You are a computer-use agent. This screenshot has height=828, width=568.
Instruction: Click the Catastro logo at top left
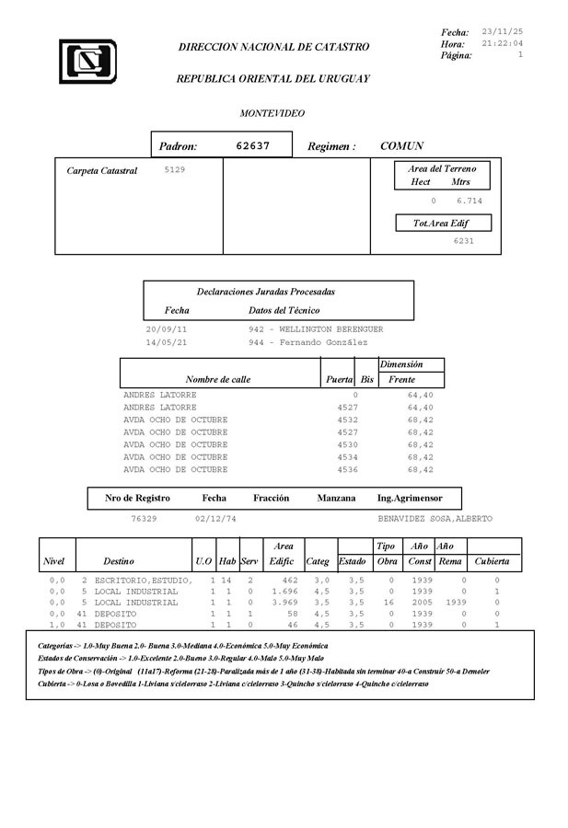pyautogui.click(x=87, y=61)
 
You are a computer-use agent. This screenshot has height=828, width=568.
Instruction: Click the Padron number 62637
pyautogui.click(x=253, y=145)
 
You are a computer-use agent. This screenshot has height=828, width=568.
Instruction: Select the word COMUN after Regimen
pyautogui.click(x=402, y=146)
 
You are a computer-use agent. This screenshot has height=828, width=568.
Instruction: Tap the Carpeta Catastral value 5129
pyautogui.click(x=174, y=170)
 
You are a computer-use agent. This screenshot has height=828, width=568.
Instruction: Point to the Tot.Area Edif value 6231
pyautogui.click(x=463, y=240)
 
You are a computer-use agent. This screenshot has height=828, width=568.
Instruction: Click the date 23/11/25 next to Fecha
pyautogui.click(x=503, y=31)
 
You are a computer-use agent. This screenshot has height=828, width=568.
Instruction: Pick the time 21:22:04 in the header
pyautogui.click(x=503, y=43)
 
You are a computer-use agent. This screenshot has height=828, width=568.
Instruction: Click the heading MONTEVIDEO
pyautogui.click(x=272, y=113)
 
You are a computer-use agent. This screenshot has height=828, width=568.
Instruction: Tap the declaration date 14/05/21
pyautogui.click(x=167, y=341)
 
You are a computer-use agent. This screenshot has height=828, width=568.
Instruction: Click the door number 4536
pyautogui.click(x=348, y=469)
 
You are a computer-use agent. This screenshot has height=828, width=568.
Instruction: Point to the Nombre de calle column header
pyautogui.click(x=217, y=379)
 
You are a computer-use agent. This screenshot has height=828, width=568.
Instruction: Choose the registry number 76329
pyautogui.click(x=144, y=519)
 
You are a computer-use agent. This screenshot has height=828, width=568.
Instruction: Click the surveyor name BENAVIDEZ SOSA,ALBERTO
pyautogui.click(x=435, y=519)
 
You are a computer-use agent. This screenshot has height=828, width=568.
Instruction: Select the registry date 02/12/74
pyautogui.click(x=215, y=519)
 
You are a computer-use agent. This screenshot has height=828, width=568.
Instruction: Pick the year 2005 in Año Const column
pyautogui.click(x=420, y=603)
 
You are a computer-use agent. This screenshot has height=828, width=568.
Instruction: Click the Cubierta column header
pyautogui.click(x=492, y=560)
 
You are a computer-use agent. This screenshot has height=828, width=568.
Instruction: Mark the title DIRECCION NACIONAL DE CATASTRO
pyautogui.click(x=273, y=47)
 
